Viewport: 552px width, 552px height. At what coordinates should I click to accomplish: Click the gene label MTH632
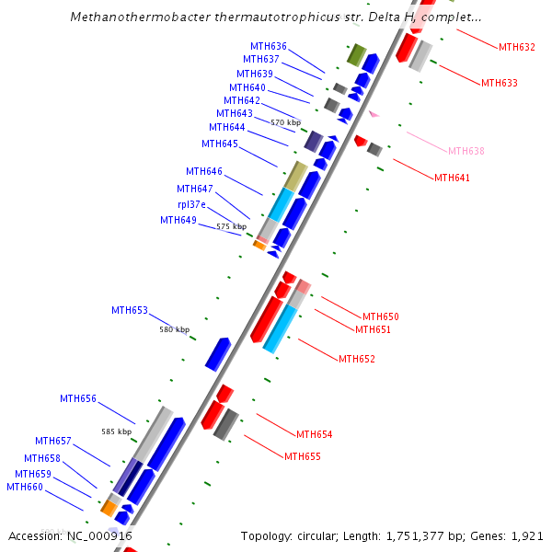point(516,47)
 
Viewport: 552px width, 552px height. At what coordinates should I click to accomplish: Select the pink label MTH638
point(466,151)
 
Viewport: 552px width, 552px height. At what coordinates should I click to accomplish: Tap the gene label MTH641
point(452,178)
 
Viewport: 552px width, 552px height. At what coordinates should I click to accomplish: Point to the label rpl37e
point(191,204)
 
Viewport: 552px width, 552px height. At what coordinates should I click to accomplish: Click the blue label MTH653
point(130,310)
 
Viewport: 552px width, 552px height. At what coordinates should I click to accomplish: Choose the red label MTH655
point(302,456)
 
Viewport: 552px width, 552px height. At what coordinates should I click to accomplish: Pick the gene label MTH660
point(25,487)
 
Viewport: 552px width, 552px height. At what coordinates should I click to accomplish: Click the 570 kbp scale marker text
point(285,122)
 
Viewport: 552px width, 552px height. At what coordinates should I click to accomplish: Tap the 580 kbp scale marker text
point(174,329)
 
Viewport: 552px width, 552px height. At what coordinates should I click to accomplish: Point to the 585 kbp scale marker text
point(116,431)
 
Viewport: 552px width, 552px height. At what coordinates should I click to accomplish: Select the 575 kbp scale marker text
point(231,226)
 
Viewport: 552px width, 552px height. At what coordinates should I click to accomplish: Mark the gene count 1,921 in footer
point(528,535)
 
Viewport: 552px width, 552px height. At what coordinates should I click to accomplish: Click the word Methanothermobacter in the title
point(138,17)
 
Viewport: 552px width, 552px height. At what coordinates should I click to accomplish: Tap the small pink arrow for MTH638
point(374,114)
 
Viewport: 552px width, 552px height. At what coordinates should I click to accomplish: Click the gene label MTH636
point(268,46)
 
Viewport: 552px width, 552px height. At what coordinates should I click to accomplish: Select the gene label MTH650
point(380,316)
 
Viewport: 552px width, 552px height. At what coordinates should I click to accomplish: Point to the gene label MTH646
point(203,171)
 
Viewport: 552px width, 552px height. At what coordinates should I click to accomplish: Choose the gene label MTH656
point(78,398)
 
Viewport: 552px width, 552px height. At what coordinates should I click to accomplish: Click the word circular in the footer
point(328,535)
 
